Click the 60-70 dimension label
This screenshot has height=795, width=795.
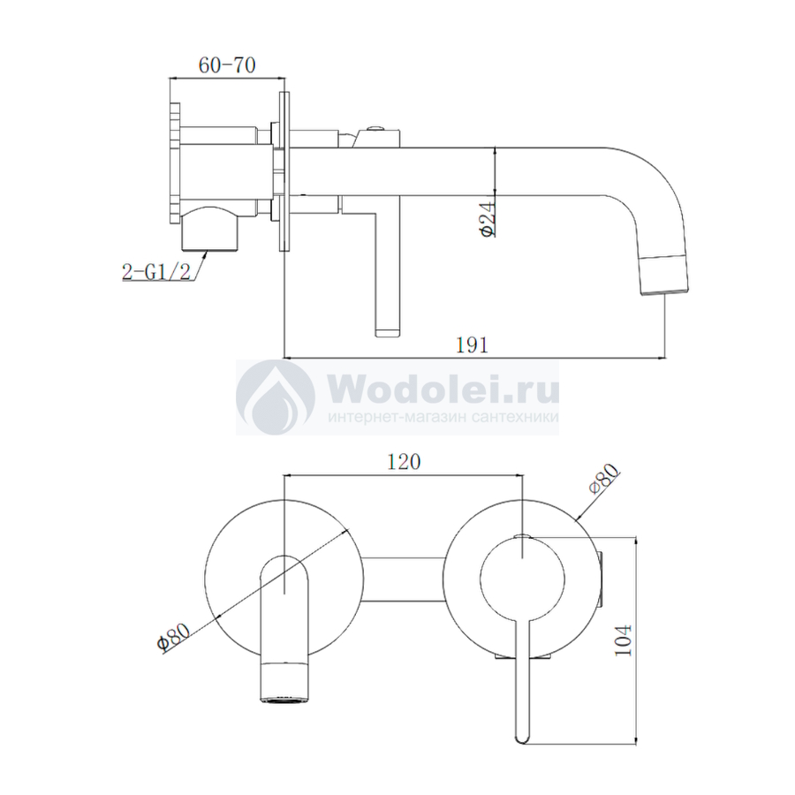(x=227, y=65)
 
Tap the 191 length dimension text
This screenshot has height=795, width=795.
(x=472, y=345)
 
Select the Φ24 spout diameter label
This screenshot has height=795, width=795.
(x=488, y=219)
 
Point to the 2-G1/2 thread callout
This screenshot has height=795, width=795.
(x=156, y=272)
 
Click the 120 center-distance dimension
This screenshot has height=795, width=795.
(x=404, y=462)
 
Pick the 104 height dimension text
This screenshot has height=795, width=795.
(x=623, y=640)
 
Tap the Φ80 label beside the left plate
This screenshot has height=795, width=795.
(x=173, y=636)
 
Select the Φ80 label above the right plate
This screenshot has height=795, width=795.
(x=604, y=479)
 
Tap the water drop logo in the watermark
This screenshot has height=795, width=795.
(x=276, y=398)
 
